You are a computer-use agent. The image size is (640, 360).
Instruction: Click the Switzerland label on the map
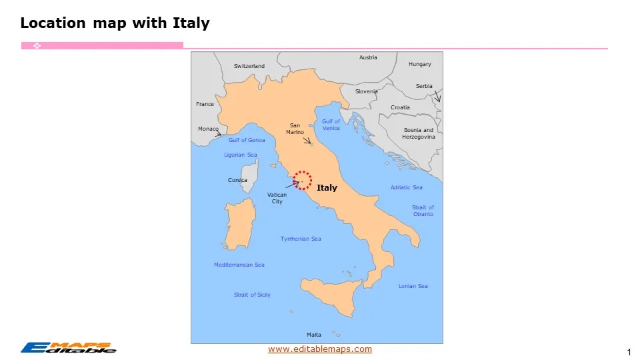[249, 66]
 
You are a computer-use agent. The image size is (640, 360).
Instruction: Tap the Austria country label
[368, 57]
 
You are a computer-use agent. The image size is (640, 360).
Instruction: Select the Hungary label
[419, 64]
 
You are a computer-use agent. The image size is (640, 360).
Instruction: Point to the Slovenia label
[366, 91]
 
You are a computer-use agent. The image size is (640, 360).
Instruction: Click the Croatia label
[400, 107]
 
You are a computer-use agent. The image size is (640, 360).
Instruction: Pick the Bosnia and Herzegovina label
[418, 133]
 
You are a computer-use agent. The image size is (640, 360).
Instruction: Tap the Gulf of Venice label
[331, 125]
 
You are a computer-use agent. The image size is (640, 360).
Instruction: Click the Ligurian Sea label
[240, 155]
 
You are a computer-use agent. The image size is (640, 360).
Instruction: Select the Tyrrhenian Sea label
[300, 239]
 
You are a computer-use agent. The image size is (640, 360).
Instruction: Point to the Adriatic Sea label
[406, 187]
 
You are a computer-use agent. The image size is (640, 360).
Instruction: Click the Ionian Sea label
[413, 286]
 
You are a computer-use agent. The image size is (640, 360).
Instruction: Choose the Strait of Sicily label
[252, 295]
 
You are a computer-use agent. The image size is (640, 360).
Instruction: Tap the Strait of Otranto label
[423, 211]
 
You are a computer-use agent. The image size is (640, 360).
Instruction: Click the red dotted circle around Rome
[303, 180]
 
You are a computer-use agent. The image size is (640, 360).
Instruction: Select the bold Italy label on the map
[327, 188]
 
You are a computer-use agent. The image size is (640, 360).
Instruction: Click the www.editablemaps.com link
[320, 349]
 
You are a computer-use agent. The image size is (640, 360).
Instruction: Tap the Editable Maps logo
[68, 347]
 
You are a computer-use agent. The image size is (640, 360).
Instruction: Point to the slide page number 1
[629, 352]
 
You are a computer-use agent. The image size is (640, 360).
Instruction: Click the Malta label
[313, 335]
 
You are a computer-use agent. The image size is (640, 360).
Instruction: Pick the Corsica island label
[237, 180]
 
